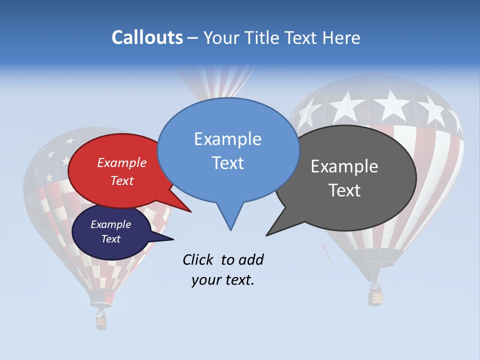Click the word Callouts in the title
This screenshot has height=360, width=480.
[x=147, y=37]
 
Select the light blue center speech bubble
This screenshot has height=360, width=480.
[x=228, y=150]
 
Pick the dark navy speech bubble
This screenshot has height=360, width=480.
[x=111, y=231]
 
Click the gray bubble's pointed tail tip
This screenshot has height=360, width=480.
[x=267, y=235]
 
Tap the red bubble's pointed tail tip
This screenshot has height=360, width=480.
[x=190, y=211]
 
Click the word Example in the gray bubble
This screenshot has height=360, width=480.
[x=344, y=166]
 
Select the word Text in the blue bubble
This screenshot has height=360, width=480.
[x=227, y=163]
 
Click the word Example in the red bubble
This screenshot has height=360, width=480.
[x=121, y=162]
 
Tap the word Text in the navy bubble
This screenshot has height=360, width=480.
[x=110, y=239]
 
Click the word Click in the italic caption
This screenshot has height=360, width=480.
[x=198, y=259]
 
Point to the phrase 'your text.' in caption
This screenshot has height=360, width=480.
[x=222, y=280]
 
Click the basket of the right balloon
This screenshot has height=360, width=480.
[x=375, y=297]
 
